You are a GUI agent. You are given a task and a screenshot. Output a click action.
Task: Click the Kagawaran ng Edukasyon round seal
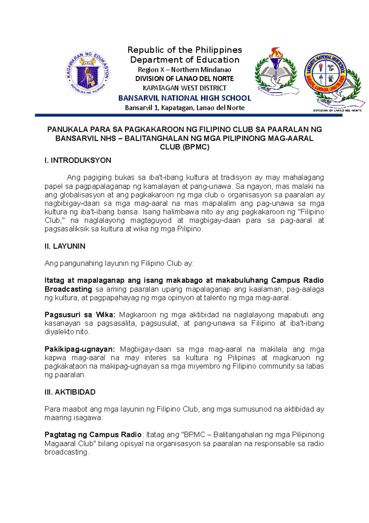[x=88, y=73]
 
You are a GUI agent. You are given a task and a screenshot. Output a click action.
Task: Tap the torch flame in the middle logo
[x=275, y=52]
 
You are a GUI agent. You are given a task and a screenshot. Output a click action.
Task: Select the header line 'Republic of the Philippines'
[x=184, y=50]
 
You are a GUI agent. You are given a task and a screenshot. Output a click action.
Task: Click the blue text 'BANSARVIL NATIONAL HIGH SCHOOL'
[x=184, y=98]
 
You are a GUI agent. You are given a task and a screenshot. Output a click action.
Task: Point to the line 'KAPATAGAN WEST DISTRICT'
[x=184, y=88]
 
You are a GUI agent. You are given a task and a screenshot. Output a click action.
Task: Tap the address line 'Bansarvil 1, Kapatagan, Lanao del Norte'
[x=184, y=108]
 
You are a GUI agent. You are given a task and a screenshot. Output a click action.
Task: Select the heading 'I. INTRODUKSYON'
[x=78, y=160]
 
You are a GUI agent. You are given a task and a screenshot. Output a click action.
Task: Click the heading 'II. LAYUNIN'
[x=65, y=246]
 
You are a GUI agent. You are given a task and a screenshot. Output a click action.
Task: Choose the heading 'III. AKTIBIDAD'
[x=70, y=392]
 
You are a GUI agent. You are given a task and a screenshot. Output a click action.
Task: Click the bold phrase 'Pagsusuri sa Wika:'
[x=80, y=315]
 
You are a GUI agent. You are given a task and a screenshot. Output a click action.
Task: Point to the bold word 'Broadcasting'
[x=68, y=289]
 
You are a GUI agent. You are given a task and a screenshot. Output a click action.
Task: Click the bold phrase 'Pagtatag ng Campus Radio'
[x=93, y=435]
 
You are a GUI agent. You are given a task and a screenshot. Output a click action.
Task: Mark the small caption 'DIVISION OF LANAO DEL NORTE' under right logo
[x=337, y=110]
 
